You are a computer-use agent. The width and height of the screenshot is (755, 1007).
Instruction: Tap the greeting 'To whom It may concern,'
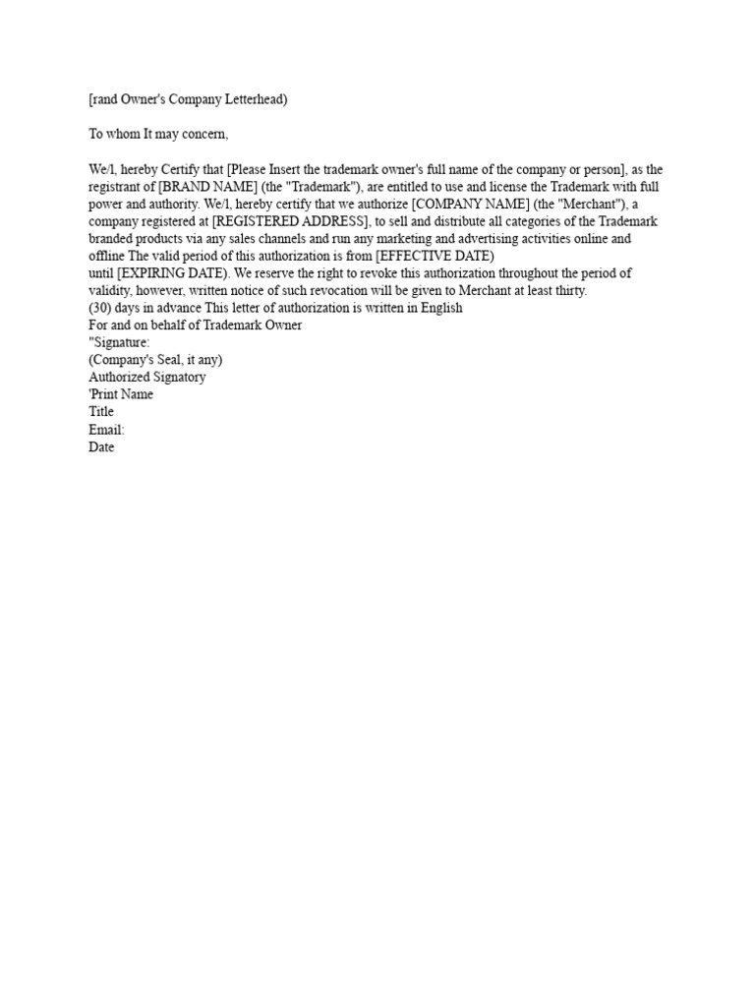158,134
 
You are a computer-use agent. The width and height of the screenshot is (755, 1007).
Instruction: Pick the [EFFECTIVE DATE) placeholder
435,257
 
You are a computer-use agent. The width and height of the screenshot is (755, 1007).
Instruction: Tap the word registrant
116,187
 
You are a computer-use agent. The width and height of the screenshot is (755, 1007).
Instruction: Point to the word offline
105,257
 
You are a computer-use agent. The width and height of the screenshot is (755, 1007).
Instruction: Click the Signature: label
121,342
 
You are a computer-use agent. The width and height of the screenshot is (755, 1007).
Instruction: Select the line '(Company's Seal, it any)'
155,360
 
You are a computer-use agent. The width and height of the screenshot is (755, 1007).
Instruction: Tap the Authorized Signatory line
147,378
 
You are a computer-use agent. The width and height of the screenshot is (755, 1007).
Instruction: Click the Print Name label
123,395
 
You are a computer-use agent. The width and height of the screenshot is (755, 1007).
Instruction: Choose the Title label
101,412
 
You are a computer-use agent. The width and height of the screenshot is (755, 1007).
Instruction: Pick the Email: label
107,430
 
